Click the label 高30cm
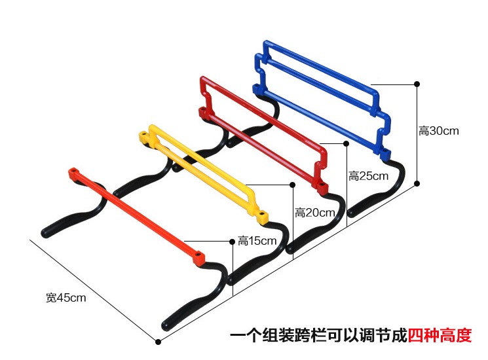[x=438, y=131]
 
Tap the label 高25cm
[x=368, y=176]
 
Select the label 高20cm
[x=314, y=212]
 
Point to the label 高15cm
[x=257, y=241]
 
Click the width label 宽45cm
[x=66, y=298]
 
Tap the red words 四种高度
[x=440, y=336]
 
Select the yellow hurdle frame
[x=203, y=170]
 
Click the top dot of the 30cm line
[x=417, y=84]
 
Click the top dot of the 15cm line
[x=233, y=242]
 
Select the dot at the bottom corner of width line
[x=157, y=341]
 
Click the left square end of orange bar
[x=73, y=173]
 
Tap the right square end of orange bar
[x=198, y=256]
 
